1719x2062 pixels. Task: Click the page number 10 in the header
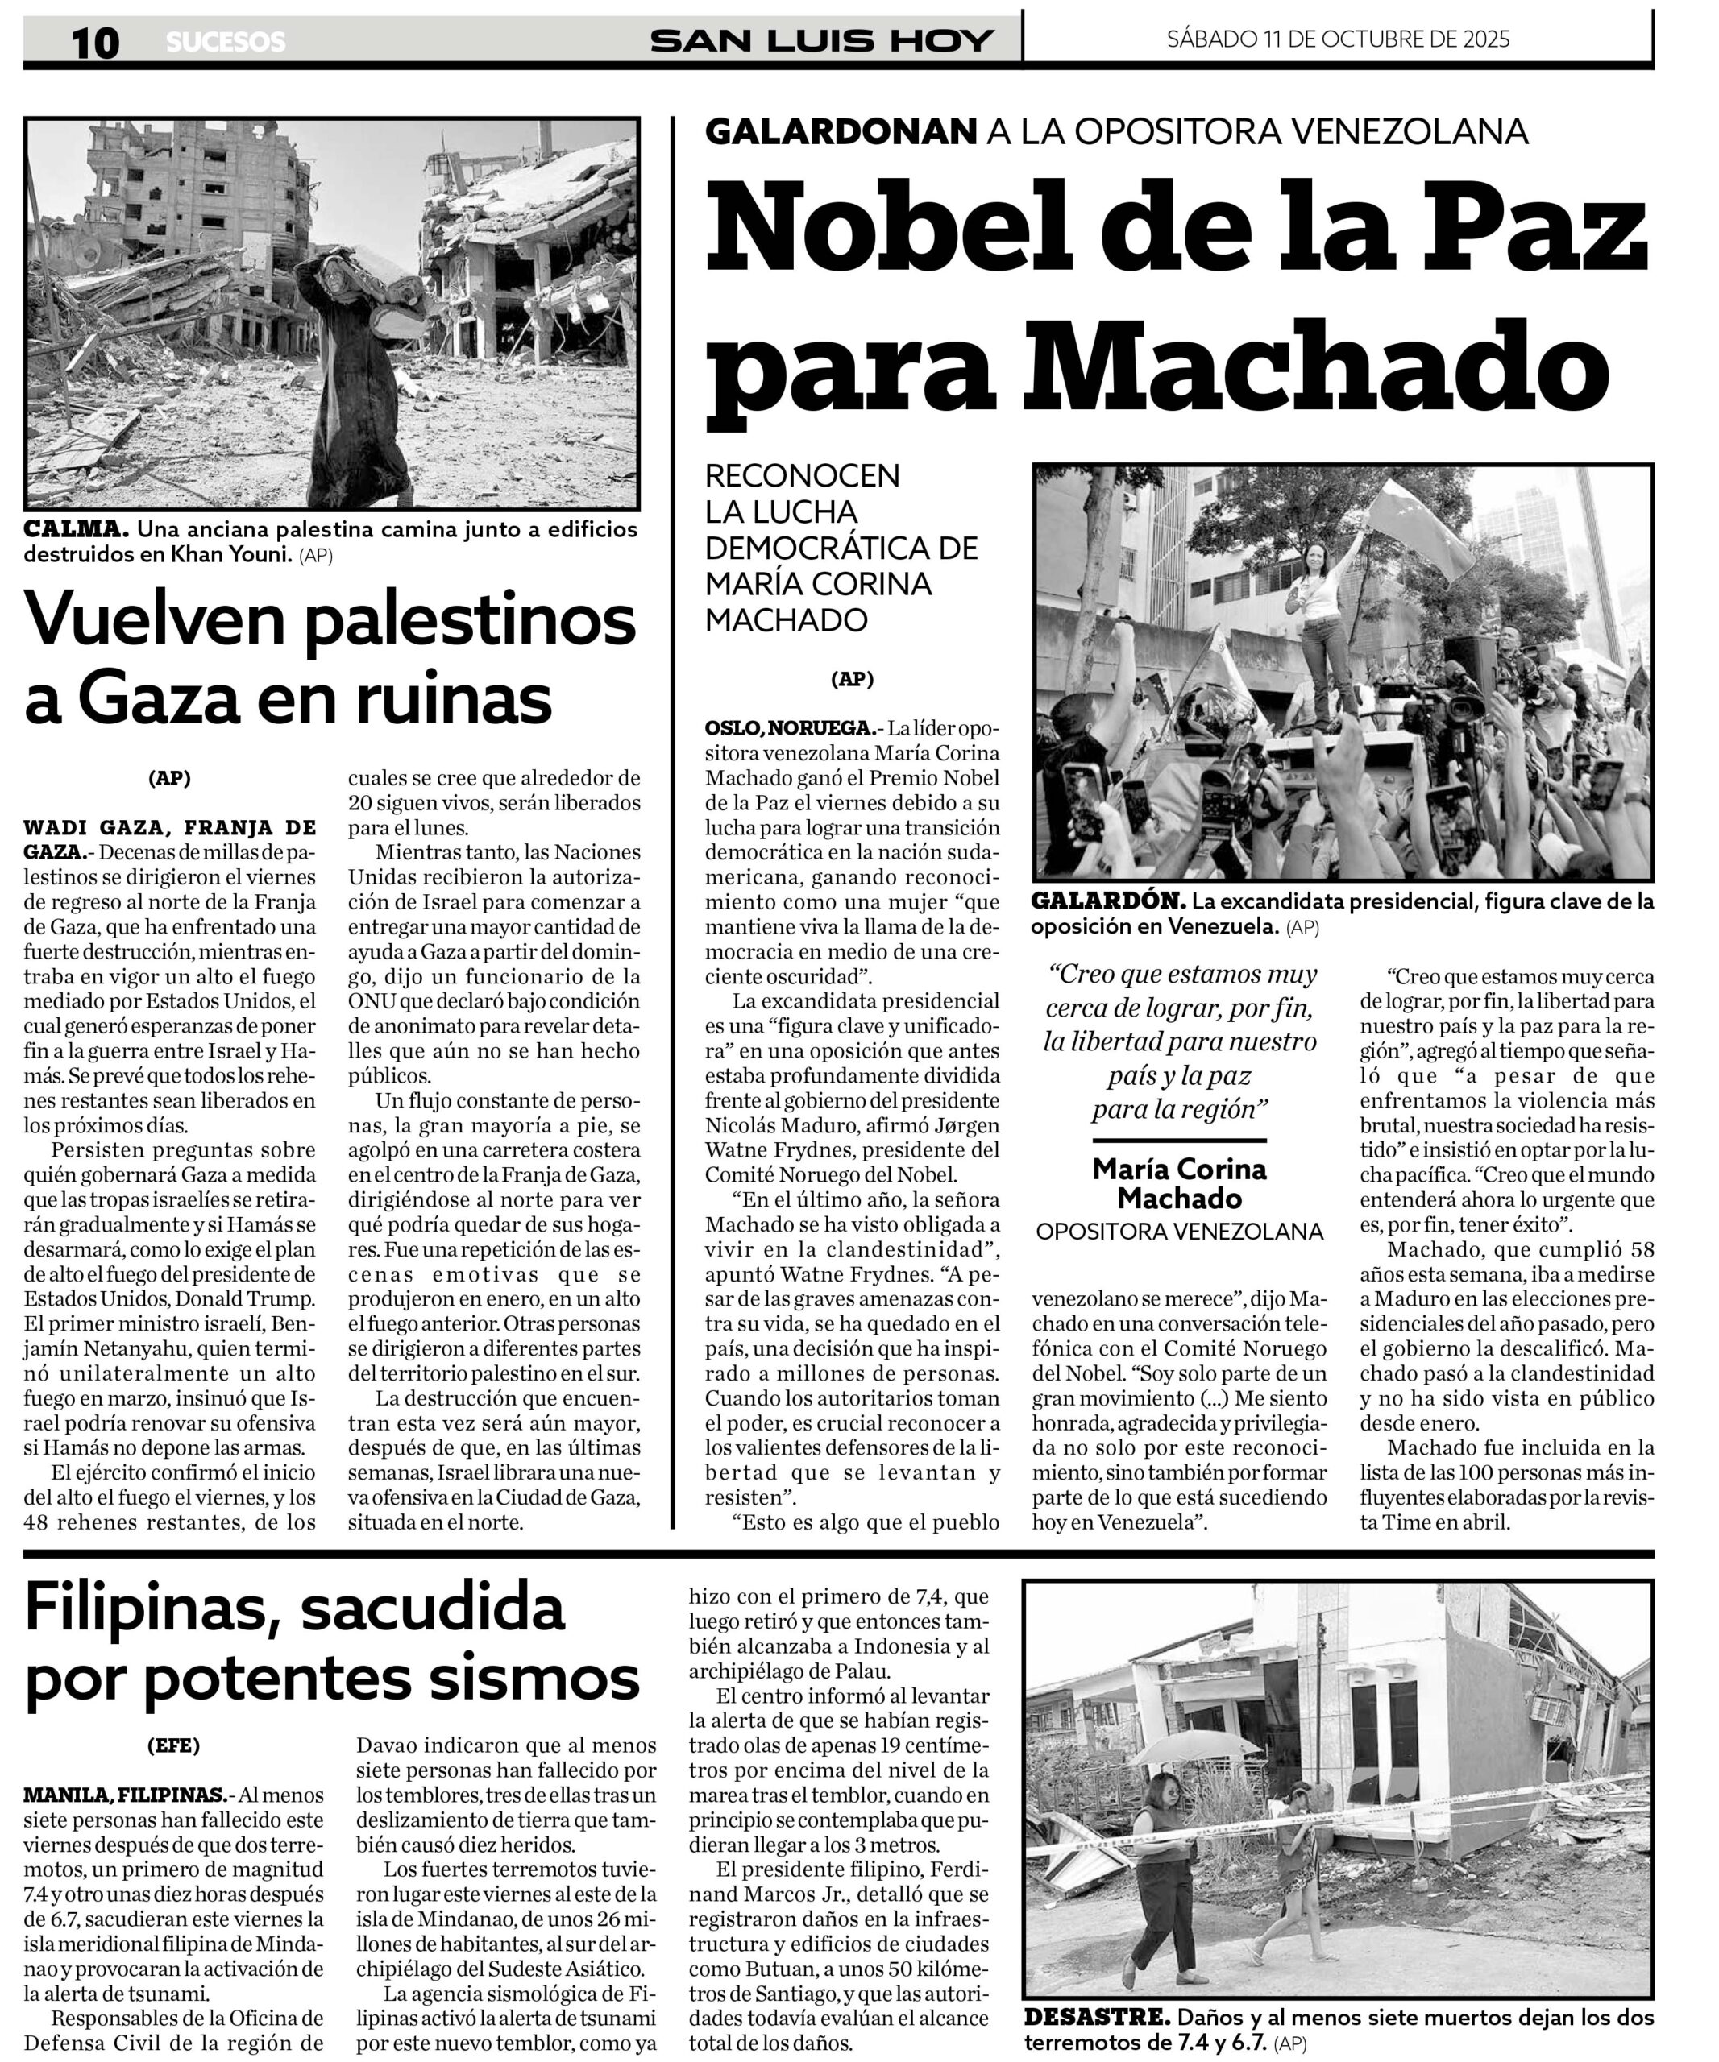tap(95, 42)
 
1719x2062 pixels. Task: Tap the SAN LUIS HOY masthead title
tap(821, 40)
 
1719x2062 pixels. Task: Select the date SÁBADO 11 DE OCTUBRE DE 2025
tap(1338, 39)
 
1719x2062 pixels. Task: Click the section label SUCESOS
tap(225, 42)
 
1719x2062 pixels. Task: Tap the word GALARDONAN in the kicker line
tap(841, 131)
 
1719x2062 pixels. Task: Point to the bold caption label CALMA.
tap(76, 529)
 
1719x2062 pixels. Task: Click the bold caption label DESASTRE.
tap(1096, 2017)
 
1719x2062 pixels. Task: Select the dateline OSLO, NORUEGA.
tap(790, 729)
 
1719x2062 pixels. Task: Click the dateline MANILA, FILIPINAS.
tap(125, 1795)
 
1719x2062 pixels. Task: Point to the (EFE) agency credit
tap(173, 1745)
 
